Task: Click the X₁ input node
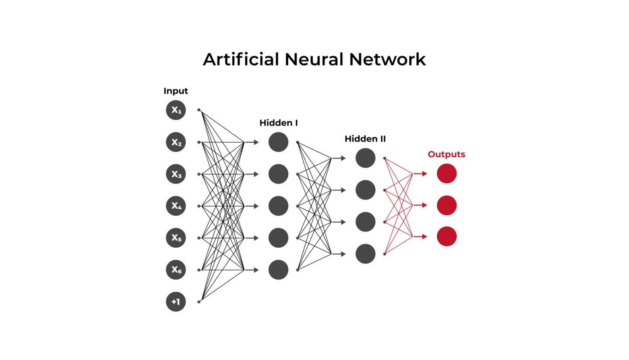coord(176,110)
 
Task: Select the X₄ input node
coord(176,206)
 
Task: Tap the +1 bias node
coord(176,301)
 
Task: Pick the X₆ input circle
coord(176,270)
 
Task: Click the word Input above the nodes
coord(176,91)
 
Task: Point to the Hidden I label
coord(278,123)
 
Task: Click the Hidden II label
coord(365,139)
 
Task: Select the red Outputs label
coord(446,154)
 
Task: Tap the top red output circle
coord(446,173)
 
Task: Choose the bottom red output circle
coord(446,236)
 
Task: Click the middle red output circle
coord(446,205)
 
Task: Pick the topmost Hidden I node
coord(278,142)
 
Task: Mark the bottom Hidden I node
coord(278,270)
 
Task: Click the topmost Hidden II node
coord(365,158)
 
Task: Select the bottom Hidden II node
coord(365,254)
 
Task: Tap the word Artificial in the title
coord(241,59)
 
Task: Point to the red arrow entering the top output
coord(420,174)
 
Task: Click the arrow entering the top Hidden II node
coord(339,158)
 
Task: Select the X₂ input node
coord(176,142)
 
